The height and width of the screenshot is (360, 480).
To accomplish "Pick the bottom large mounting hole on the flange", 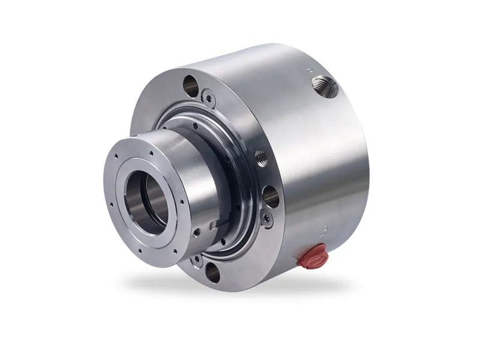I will coord(212,272).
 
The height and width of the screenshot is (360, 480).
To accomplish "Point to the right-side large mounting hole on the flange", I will coord(271,196).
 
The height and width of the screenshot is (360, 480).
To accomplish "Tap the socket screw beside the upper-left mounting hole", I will coord(208,97).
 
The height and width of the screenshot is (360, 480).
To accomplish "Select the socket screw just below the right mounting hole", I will coord(266,220).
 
